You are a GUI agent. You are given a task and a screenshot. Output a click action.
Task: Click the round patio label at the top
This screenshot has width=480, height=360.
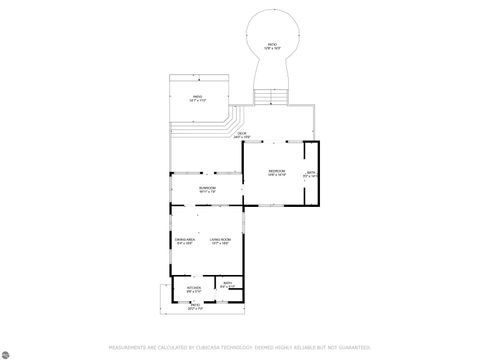point(271,44)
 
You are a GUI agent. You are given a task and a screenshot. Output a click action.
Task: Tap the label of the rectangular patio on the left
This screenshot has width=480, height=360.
point(198,97)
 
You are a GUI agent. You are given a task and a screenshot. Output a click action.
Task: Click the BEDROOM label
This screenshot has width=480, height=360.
point(276,172)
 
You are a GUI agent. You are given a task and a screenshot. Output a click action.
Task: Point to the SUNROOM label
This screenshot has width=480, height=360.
point(207,187)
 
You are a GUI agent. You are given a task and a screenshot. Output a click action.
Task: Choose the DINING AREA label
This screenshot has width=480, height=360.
point(184,240)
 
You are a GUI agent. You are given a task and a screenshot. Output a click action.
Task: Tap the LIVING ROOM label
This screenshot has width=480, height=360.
point(220,240)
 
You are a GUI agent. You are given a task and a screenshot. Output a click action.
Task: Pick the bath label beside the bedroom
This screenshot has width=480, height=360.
point(311,172)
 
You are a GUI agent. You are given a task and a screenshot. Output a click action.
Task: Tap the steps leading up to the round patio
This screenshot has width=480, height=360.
point(270,96)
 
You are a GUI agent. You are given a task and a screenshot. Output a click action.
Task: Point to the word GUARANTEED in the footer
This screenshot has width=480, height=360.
point(351,347)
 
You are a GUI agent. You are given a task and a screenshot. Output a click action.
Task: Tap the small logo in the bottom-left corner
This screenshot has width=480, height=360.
point(7,352)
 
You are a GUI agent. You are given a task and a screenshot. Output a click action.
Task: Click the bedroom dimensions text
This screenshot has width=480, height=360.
point(276,176)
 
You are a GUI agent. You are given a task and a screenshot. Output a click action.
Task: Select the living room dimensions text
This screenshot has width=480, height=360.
point(220,244)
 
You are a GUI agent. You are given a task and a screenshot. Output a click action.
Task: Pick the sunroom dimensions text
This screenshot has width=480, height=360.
point(207,191)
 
